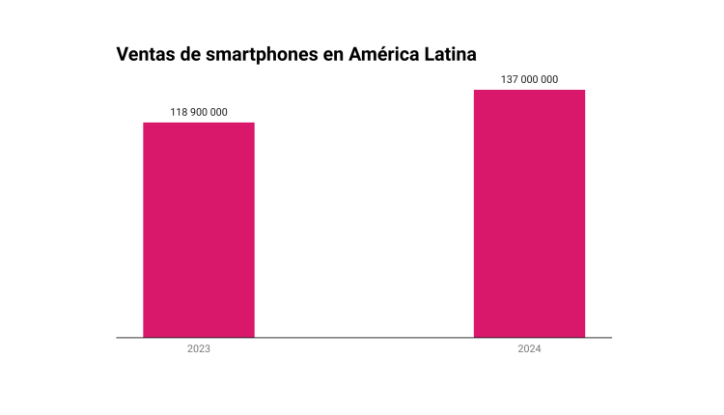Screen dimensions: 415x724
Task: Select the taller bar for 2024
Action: pos(529,213)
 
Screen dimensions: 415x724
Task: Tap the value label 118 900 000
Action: pos(199,112)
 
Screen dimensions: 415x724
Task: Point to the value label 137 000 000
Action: pos(529,79)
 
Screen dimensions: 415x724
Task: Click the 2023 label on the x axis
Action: pos(199,348)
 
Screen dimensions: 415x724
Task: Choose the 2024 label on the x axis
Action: pos(529,348)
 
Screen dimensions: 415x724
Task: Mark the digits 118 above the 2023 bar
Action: pos(179,112)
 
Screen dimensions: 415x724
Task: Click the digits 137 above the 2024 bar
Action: pos(509,79)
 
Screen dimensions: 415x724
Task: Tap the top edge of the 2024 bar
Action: pos(529,90)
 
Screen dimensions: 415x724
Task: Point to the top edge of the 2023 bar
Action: pos(199,123)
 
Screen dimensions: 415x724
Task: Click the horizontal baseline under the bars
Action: pos(364,338)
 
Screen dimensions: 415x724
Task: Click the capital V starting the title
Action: pos(123,53)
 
